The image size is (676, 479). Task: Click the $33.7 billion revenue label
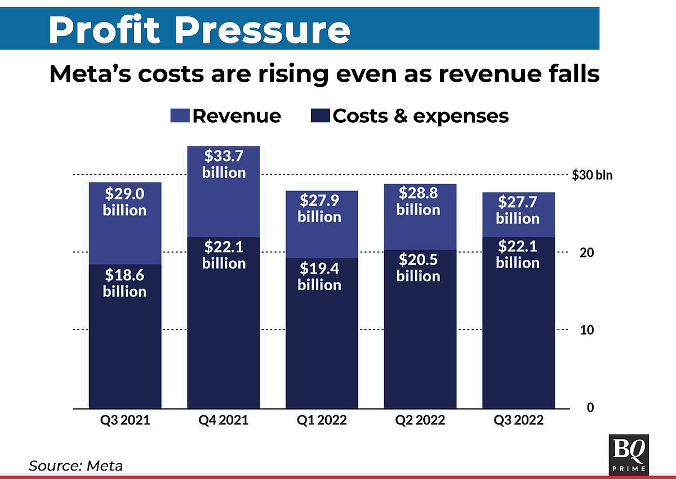tap(224, 164)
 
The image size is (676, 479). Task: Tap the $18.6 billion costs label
tap(124, 283)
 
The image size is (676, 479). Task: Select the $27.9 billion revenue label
tap(319, 209)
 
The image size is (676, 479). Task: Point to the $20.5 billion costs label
tap(418, 268)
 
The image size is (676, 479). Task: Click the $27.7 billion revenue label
tap(517, 210)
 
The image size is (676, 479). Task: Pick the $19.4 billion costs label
tap(319, 276)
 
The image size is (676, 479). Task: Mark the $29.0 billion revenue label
tap(124, 202)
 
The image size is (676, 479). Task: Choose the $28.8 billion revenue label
tap(418, 201)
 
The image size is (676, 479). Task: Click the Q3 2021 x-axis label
tap(124, 420)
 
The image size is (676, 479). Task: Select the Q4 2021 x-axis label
tap(224, 420)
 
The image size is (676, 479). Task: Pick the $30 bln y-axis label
tap(591, 175)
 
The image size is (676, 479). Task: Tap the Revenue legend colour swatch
tap(180, 116)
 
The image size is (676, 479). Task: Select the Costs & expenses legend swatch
tap(320, 116)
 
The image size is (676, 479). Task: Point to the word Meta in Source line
tap(105, 465)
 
